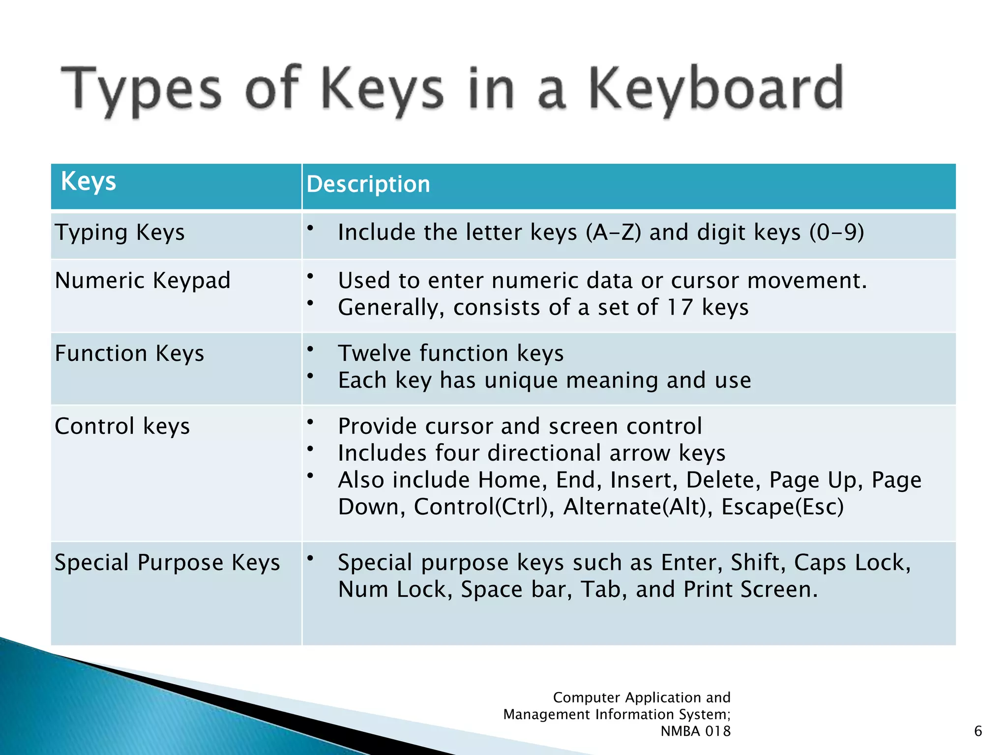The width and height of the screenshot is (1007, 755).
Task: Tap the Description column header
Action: point(368,184)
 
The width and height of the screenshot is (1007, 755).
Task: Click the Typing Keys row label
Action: point(119,232)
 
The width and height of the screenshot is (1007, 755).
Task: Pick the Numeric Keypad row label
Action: point(143,281)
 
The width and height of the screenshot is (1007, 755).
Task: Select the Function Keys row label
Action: point(129,353)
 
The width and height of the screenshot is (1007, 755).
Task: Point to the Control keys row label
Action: point(122,426)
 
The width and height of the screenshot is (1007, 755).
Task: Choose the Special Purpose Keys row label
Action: point(167,562)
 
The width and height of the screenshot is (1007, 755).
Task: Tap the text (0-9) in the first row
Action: point(836,232)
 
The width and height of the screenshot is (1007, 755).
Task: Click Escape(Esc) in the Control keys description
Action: point(782,507)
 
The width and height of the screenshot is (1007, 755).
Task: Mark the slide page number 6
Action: point(978,731)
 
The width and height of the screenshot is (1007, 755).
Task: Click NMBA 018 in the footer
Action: point(695,731)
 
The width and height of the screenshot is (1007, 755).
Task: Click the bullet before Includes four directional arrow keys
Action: point(310,449)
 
